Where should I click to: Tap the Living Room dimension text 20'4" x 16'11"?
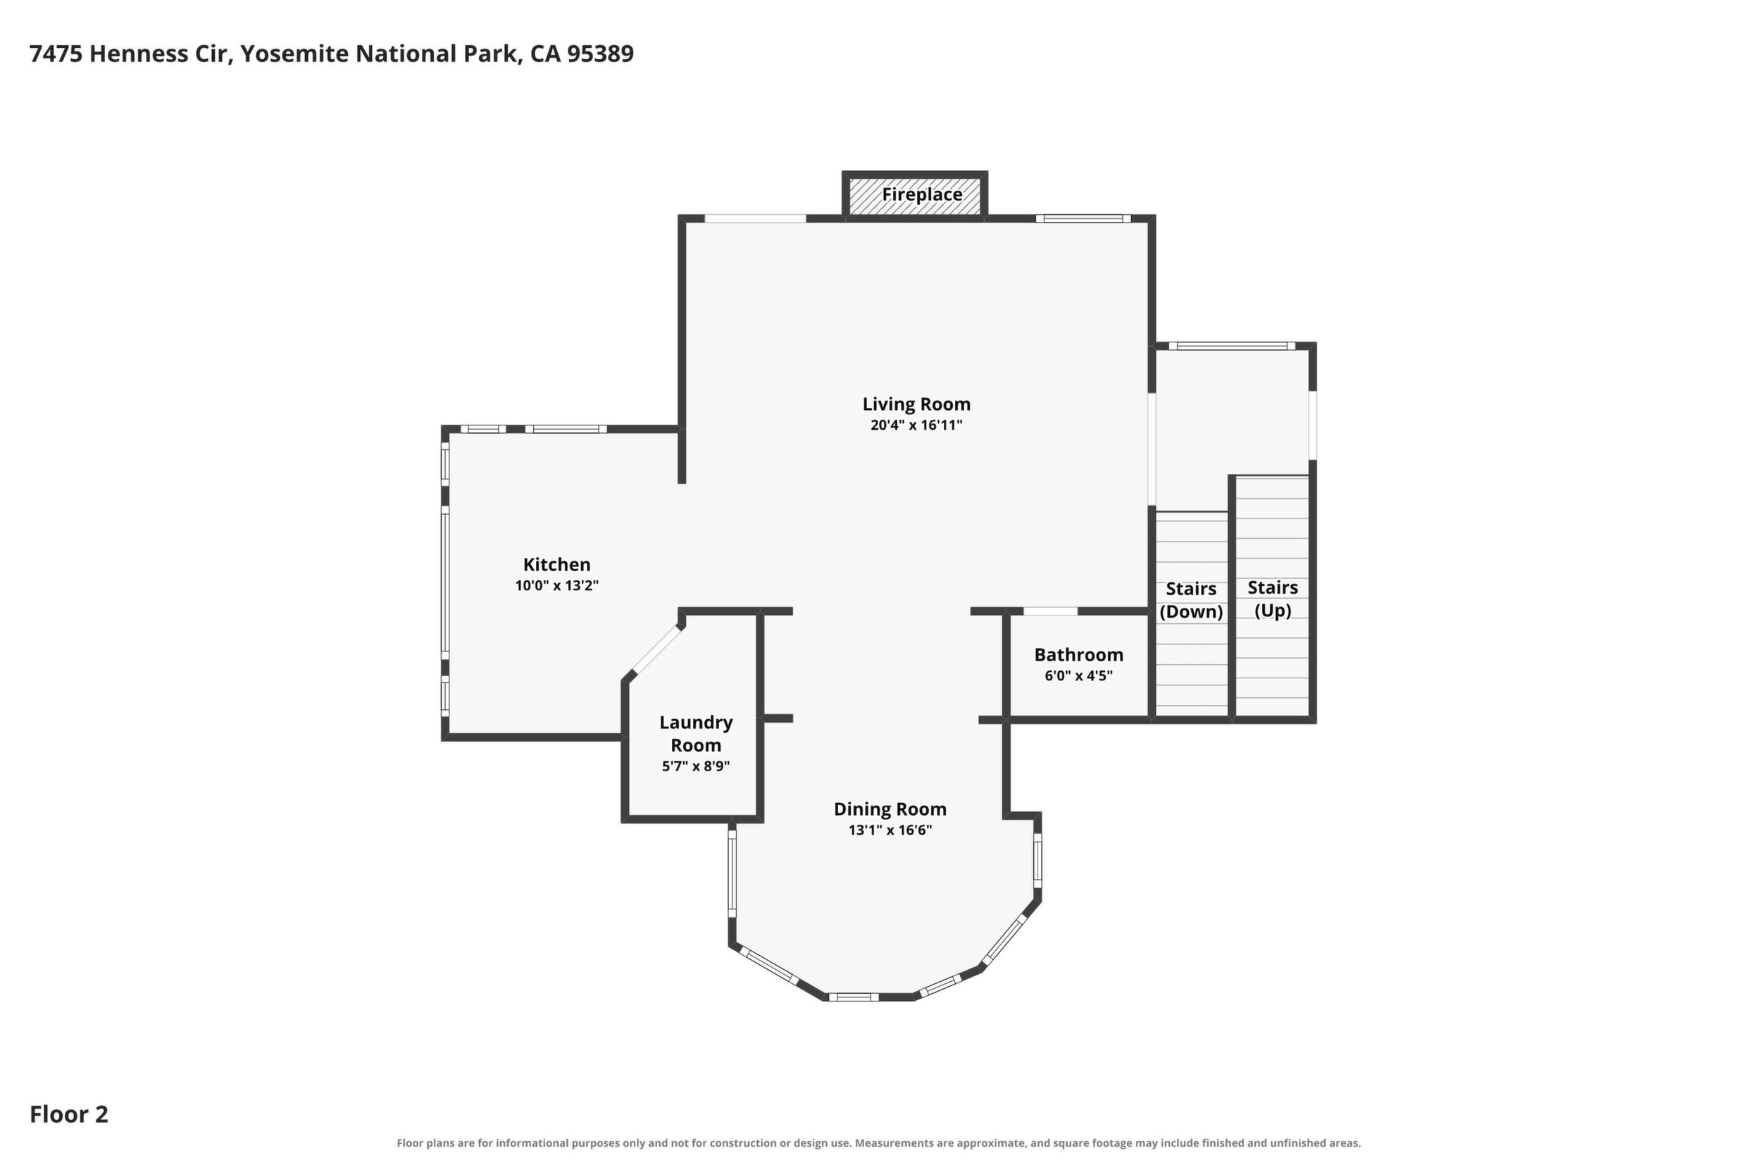click(x=916, y=425)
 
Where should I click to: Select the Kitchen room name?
click(x=557, y=564)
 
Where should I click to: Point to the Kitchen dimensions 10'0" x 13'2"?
click(x=557, y=585)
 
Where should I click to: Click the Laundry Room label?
click(x=696, y=733)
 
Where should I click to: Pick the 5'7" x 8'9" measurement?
click(x=696, y=766)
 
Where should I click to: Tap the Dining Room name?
click(x=890, y=809)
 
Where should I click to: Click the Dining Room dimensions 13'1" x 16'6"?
click(x=890, y=830)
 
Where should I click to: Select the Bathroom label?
click(x=1078, y=655)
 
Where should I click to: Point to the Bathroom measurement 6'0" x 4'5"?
click(x=1078, y=675)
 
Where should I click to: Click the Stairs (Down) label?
click(x=1192, y=600)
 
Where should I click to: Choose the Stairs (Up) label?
click(x=1273, y=599)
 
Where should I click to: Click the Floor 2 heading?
click(x=69, y=1114)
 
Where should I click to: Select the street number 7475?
click(x=56, y=54)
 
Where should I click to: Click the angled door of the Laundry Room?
click(x=658, y=650)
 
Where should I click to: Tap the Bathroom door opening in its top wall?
click(x=1050, y=611)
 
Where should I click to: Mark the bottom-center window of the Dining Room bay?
click(x=853, y=997)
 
